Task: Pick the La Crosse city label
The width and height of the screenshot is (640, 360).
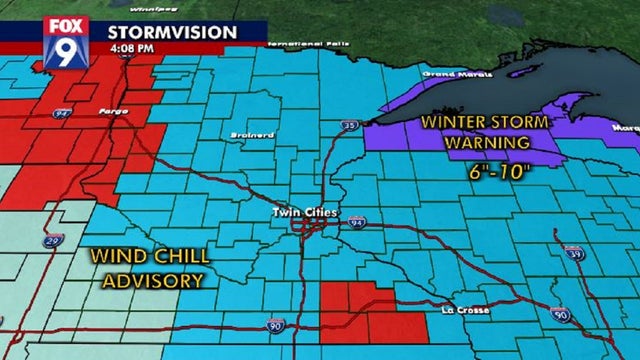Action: coord(467,311)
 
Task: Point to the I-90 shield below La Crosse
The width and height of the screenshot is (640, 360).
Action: coord(559,316)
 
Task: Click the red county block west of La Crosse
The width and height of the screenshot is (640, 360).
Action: coord(360,311)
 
